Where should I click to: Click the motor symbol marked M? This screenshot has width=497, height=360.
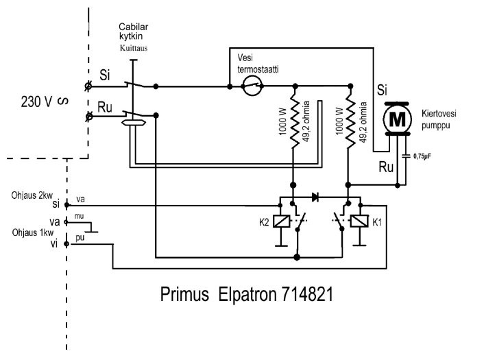[396, 118]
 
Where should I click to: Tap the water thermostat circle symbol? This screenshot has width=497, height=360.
[252, 87]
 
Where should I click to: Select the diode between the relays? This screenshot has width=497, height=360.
[315, 197]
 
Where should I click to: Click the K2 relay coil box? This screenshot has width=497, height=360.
[280, 221]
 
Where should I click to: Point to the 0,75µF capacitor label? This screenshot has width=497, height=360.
[421, 156]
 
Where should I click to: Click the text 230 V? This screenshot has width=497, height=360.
[37, 102]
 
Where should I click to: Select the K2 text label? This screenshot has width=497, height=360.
[263, 221]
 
